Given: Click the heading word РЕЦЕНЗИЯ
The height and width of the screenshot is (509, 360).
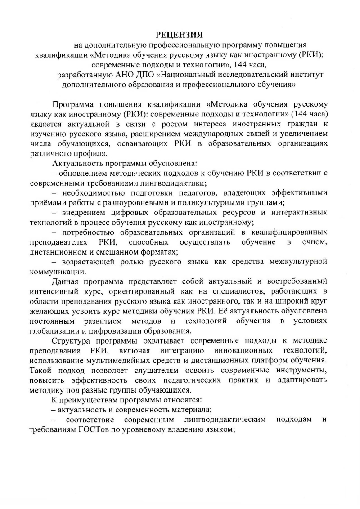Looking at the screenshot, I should tap(180, 35).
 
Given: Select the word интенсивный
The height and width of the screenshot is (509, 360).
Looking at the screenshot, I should tap(53, 291).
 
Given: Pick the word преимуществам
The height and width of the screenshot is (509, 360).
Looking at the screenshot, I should tap(89, 400).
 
